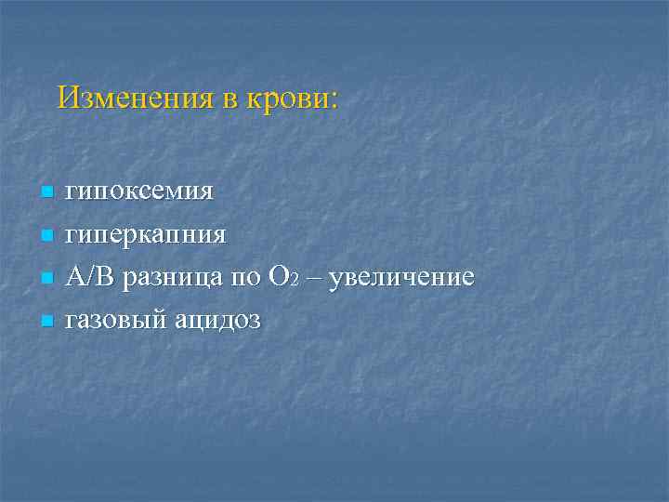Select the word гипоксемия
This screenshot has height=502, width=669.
[x=139, y=192]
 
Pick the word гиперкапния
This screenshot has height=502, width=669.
[x=146, y=235]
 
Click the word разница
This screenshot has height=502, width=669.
[x=166, y=278]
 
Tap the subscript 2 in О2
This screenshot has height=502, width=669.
[x=294, y=282]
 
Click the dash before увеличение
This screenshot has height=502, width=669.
[x=311, y=278]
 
